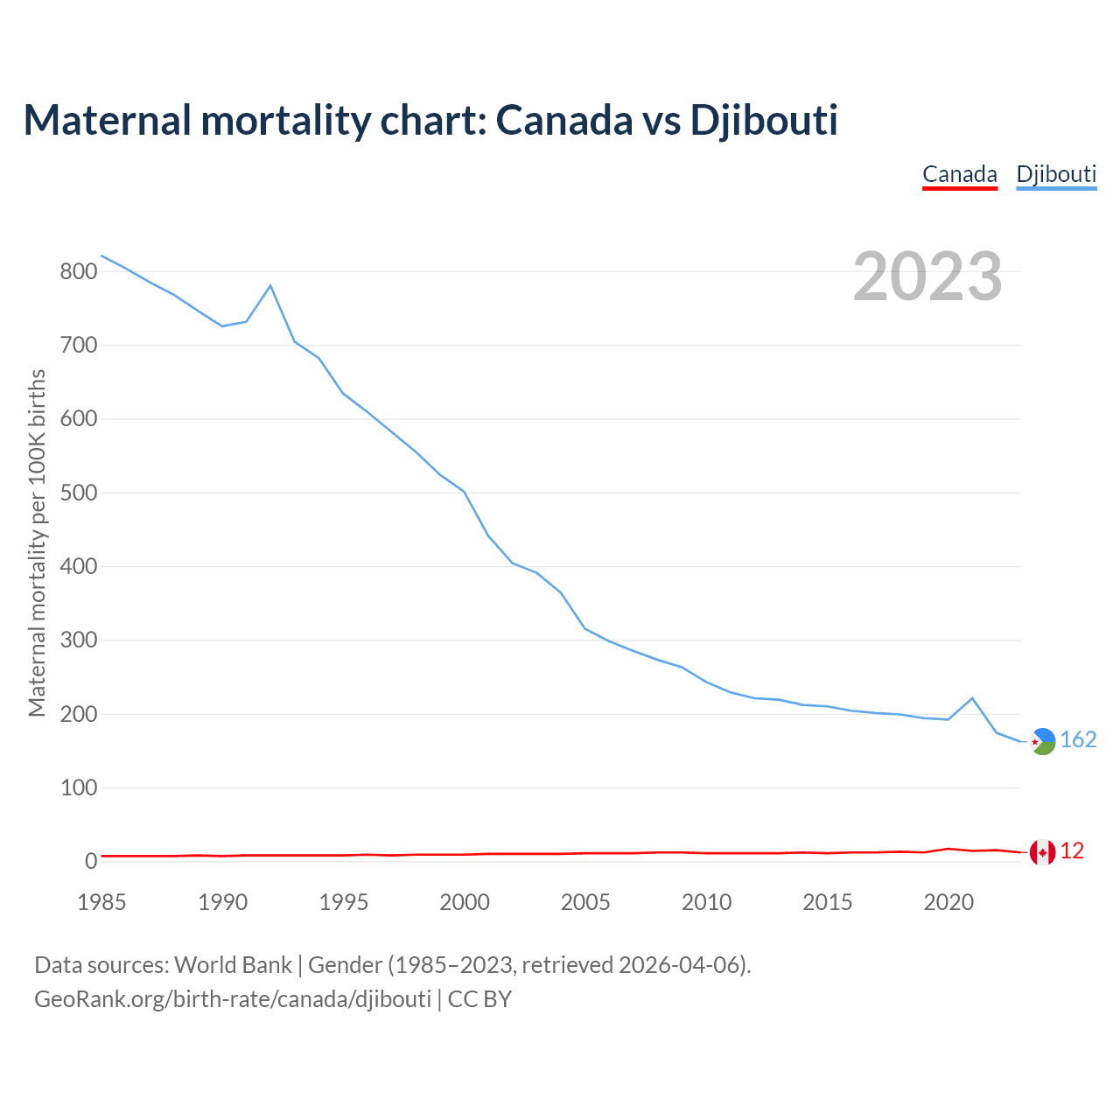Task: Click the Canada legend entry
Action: (x=960, y=174)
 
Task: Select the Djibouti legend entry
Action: (x=1056, y=174)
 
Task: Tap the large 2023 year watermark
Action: (x=927, y=276)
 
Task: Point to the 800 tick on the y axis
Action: (x=78, y=271)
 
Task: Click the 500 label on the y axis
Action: (x=78, y=493)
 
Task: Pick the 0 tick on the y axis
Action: (x=90, y=862)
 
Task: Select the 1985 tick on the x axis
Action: (x=101, y=902)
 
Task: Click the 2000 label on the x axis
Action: (x=465, y=902)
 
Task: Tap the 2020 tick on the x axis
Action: (x=948, y=902)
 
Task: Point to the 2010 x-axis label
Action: (x=706, y=902)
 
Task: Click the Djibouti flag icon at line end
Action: (x=1043, y=741)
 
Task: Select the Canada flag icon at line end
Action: (x=1042, y=851)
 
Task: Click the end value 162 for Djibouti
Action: (x=1078, y=740)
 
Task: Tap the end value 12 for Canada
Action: (x=1072, y=851)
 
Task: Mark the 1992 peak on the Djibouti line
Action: (x=270, y=285)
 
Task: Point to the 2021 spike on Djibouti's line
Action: (x=972, y=698)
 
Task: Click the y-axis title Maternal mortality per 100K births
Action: (x=37, y=542)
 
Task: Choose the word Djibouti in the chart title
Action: (x=764, y=120)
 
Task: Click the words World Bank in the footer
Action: (x=233, y=965)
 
